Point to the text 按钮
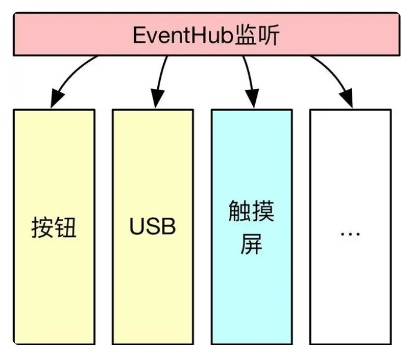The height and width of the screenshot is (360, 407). click(54, 227)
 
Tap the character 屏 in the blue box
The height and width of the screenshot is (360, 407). click(252, 244)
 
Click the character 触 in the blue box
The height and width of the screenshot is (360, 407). click(240, 212)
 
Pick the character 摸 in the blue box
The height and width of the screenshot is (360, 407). click(263, 212)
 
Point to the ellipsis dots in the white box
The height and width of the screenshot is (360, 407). click(350, 232)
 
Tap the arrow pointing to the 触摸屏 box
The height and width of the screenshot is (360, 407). click(249, 80)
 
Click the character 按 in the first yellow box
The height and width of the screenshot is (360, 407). click(42, 227)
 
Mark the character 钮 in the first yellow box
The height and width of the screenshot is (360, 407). click(66, 227)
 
